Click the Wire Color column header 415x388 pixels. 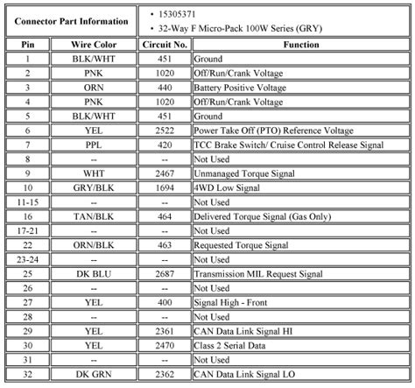coord(93,43)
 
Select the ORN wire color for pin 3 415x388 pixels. coord(93,87)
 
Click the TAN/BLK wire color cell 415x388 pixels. coord(93,215)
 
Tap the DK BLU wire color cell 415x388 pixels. coord(93,272)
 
